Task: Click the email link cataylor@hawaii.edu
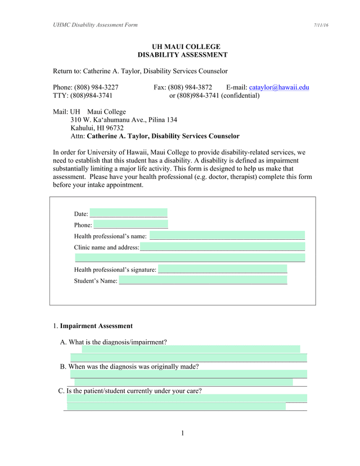pyautogui.click(x=279, y=87)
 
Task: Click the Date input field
pyautogui.click(x=128, y=213)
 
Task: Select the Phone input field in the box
pyautogui.click(x=130, y=225)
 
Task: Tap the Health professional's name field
pyautogui.click(x=227, y=236)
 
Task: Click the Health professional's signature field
pyautogui.click(x=222, y=269)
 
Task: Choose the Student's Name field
pyautogui.click(x=202, y=280)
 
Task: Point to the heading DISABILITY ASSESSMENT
pyautogui.click(x=182, y=55)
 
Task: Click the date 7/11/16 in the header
pyautogui.click(x=321, y=25)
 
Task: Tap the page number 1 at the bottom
pyautogui.click(x=183, y=433)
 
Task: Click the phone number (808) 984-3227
pyautogui.click(x=94, y=87)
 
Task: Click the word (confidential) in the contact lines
pyautogui.click(x=240, y=96)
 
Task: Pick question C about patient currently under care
pyautogui.click(x=134, y=391)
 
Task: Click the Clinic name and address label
pyautogui.click(x=106, y=247)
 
